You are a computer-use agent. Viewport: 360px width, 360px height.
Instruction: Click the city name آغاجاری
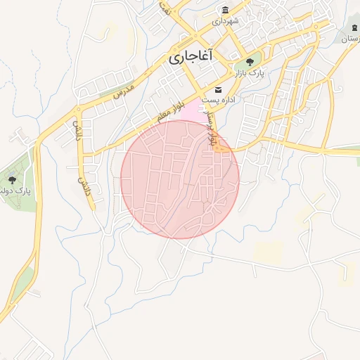[191, 58]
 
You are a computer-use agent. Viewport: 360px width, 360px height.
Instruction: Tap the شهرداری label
[226, 21]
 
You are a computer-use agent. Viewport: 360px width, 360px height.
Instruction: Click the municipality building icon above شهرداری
[225, 10]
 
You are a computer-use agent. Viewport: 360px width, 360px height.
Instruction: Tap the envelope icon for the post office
[218, 89]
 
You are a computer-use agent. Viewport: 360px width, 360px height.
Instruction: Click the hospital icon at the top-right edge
[354, 28]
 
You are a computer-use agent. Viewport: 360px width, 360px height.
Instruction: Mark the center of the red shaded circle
[180, 179]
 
